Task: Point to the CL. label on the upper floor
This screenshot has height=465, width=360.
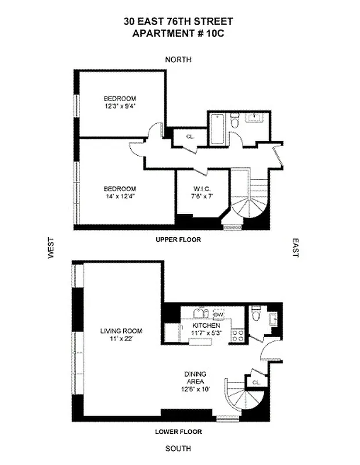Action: click(190, 137)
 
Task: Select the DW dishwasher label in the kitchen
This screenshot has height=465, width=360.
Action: click(219, 314)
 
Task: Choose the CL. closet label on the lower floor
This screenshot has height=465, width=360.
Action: click(256, 382)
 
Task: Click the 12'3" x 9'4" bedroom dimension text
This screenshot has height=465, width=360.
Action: click(120, 106)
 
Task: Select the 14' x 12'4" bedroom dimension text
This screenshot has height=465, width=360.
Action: click(120, 197)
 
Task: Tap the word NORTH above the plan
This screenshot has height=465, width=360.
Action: click(178, 59)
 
